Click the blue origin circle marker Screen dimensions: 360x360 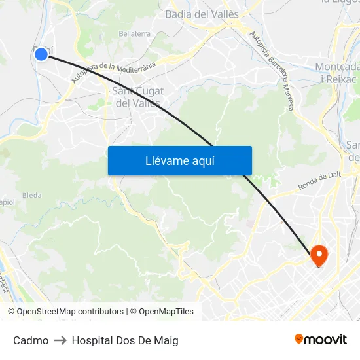(x=41, y=54)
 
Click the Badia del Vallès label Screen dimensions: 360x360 (x=202, y=14)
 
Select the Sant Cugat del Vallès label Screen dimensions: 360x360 (x=138, y=97)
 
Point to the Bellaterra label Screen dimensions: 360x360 (x=134, y=33)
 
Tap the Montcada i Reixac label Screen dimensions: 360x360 (x=337, y=72)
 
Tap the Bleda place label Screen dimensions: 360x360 (x=31, y=195)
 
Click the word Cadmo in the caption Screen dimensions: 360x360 (x=31, y=340)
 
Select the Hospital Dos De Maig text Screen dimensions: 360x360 (x=125, y=340)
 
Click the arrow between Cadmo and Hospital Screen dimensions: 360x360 (x=60, y=340)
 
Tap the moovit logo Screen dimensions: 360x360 (x=320, y=339)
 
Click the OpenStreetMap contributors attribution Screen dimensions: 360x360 (x=65, y=312)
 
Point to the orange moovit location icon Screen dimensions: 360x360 (x=299, y=339)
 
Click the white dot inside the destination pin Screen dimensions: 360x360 (x=319, y=252)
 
